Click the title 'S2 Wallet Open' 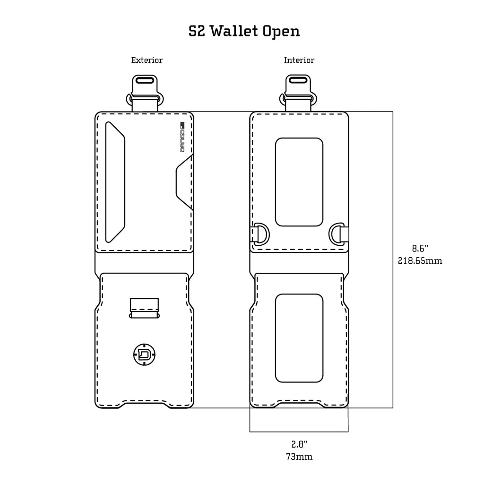tap(244, 31)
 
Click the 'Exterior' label tap(147, 60)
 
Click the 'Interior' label tap(299, 60)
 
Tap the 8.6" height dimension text tap(420, 248)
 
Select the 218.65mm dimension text tap(420, 260)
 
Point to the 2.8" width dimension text tap(299, 444)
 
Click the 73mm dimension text tap(299, 457)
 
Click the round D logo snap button tap(145, 354)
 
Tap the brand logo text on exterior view tap(182, 138)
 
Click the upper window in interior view tap(299, 182)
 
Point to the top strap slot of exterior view tap(145, 80)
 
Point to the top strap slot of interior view tap(299, 80)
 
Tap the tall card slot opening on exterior tap(115, 182)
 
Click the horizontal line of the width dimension tap(299, 432)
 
